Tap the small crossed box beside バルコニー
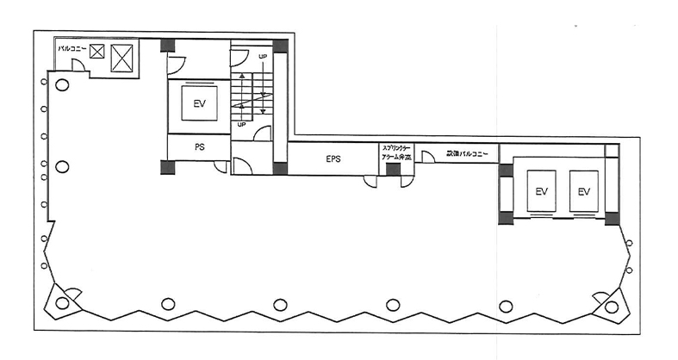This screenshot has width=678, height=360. (x=97, y=52)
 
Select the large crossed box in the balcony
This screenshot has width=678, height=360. (x=123, y=57)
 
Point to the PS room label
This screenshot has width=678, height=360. (x=199, y=147)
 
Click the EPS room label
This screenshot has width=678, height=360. (x=334, y=158)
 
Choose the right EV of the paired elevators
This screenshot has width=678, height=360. (x=585, y=190)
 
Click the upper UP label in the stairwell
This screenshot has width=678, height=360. (x=264, y=57)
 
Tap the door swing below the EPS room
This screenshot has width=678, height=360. (x=370, y=181)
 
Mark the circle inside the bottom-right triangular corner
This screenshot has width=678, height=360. (x=612, y=306)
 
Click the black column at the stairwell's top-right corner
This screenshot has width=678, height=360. (x=279, y=45)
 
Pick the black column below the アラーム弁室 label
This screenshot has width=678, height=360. (x=393, y=169)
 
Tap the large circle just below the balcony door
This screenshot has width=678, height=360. (x=63, y=84)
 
